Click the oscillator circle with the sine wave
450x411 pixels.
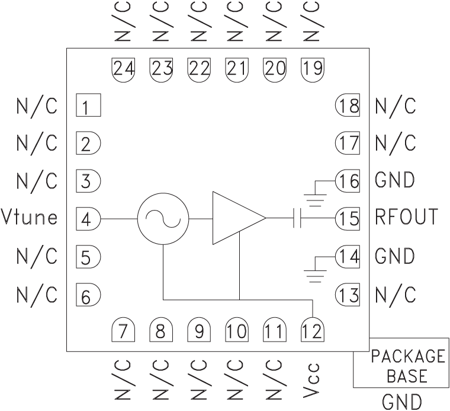[x=163, y=218]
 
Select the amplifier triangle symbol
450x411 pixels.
[x=235, y=218]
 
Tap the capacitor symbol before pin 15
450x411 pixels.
[x=298, y=219]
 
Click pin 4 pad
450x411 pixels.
[x=88, y=219]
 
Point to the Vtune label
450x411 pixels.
[x=30, y=218]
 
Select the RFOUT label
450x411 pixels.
[x=406, y=218]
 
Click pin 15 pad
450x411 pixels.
[x=348, y=219]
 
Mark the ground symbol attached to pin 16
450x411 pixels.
[x=317, y=193]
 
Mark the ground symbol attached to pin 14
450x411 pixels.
[x=317, y=271]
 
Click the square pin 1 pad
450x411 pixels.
[x=88, y=107]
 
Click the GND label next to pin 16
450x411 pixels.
[x=395, y=180]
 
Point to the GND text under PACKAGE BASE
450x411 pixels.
[x=403, y=402]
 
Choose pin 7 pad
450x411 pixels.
[x=123, y=329]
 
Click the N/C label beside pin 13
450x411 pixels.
[x=395, y=294]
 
